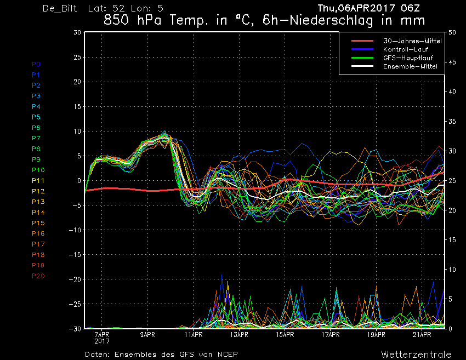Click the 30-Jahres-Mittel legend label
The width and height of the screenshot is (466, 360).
pyautogui.click(x=412, y=41)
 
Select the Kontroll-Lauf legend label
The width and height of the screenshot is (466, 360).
pyautogui.click(x=406, y=49)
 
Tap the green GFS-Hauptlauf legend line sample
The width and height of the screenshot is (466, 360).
pyautogui.click(x=362, y=58)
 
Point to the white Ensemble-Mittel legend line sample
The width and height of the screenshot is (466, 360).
pyautogui.click(x=362, y=66)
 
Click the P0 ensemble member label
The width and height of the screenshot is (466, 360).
pyautogui.click(x=36, y=64)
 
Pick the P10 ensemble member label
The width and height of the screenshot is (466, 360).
pyautogui.click(x=38, y=170)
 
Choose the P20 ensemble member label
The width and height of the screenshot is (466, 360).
pyautogui.click(x=38, y=276)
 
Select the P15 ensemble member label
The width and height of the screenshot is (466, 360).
pyautogui.click(x=38, y=223)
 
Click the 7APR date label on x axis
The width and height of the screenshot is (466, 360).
pyautogui.click(x=102, y=335)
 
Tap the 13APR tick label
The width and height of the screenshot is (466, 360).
pyautogui.click(x=239, y=335)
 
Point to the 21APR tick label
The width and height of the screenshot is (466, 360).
pyautogui.click(x=422, y=335)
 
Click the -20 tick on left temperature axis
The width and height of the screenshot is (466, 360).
pyautogui.click(x=75, y=279)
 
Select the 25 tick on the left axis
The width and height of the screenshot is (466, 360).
pyautogui.click(x=77, y=57)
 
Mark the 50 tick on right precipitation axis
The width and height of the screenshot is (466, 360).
pyautogui.click(x=452, y=32)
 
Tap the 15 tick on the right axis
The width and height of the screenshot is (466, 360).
pyautogui.click(x=452, y=240)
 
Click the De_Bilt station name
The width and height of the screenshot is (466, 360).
pyautogui.click(x=60, y=8)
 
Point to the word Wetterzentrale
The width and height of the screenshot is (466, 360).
pyautogui.click(x=416, y=355)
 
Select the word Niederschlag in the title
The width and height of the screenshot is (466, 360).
pyautogui.click(x=331, y=20)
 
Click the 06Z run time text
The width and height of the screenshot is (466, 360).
pyautogui.click(x=410, y=8)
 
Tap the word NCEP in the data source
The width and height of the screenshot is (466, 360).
pyautogui.click(x=228, y=355)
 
